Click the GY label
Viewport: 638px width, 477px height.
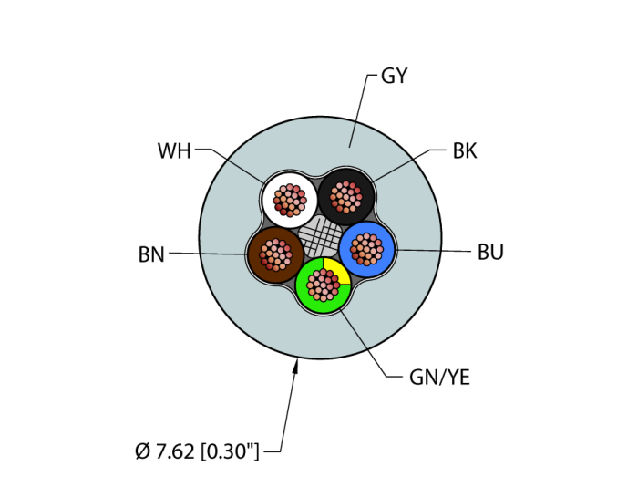394,77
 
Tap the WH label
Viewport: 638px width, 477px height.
174,150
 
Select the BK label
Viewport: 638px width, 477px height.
465,150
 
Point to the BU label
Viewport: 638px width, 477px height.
490,253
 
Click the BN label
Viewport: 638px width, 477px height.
151,255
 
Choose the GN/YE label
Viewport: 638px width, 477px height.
440,377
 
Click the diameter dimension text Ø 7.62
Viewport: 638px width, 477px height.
165,451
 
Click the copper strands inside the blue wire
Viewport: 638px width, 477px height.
366,249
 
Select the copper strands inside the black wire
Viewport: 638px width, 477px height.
345,196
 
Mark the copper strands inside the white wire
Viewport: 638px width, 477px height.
290,200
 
